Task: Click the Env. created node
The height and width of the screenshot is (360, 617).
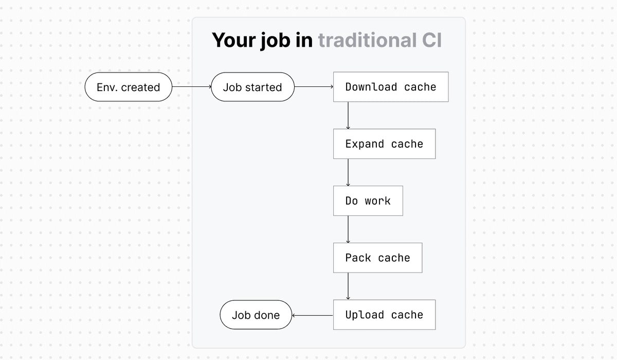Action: point(128,87)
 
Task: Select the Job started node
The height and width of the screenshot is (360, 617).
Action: point(252,87)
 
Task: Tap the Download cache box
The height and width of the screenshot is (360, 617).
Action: point(391,87)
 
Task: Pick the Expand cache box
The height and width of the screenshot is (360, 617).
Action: point(384,144)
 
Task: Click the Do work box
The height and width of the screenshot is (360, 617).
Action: point(368,201)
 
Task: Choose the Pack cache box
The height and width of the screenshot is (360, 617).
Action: point(377,258)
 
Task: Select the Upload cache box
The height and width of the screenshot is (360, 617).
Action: point(384,315)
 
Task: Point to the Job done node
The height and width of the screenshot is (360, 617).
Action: point(256,315)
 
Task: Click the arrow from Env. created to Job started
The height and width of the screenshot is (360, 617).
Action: point(191,87)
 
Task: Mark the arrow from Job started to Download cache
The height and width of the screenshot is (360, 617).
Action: point(314,87)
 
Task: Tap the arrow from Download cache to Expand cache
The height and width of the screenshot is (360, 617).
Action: point(348,115)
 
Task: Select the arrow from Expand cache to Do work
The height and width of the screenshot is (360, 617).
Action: point(348,172)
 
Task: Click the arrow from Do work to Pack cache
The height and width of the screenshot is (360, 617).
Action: point(348,229)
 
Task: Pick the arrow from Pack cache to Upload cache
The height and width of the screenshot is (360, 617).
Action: point(348,286)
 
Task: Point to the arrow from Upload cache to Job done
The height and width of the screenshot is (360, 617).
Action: point(313,315)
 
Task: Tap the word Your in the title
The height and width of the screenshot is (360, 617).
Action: point(234,40)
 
